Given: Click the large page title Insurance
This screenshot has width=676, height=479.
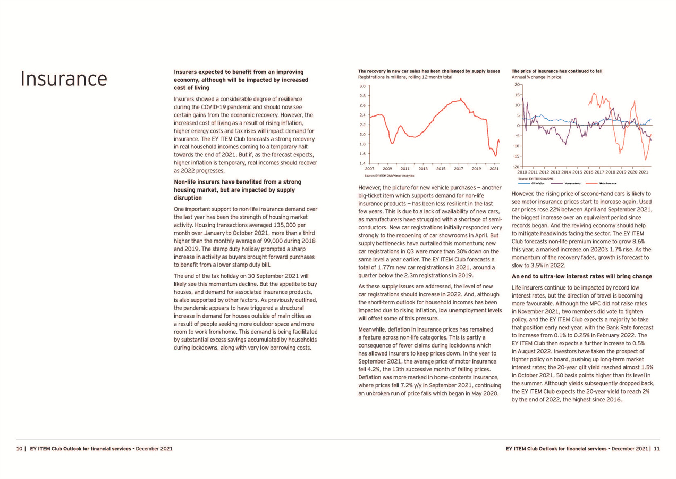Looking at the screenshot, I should (x=63, y=78).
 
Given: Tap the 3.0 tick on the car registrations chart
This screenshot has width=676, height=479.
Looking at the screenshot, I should (x=361, y=86).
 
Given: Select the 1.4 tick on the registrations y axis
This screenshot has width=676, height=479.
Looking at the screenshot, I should (x=361, y=163).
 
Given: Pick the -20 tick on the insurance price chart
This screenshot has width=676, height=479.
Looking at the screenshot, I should (x=516, y=167).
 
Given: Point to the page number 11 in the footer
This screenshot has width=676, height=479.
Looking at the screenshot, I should (x=657, y=448).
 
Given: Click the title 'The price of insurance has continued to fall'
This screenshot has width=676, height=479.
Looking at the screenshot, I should (x=556, y=70).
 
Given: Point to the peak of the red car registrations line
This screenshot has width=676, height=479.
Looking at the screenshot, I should (x=461, y=98).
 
